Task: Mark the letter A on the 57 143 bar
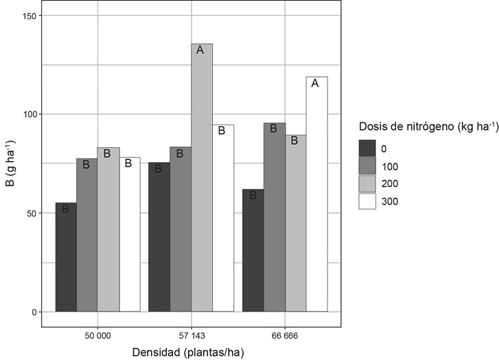coord(201,50)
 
